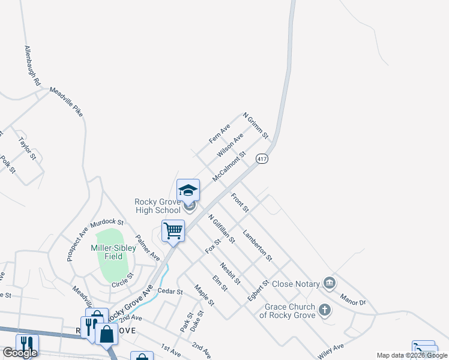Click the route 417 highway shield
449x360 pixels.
pos(261,159)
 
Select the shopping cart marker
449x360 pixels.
pos(173,230)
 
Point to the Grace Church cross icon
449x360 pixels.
pos(325,310)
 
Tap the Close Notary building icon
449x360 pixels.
pos(329,283)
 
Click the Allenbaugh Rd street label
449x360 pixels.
pos(32,64)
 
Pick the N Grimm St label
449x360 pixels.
pos(255,124)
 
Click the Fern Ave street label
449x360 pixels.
pos(220,134)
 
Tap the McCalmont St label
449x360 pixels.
pos(229,167)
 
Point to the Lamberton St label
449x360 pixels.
pos(258,245)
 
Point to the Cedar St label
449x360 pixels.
pos(169,292)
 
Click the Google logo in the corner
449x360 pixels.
pos(20,353)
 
